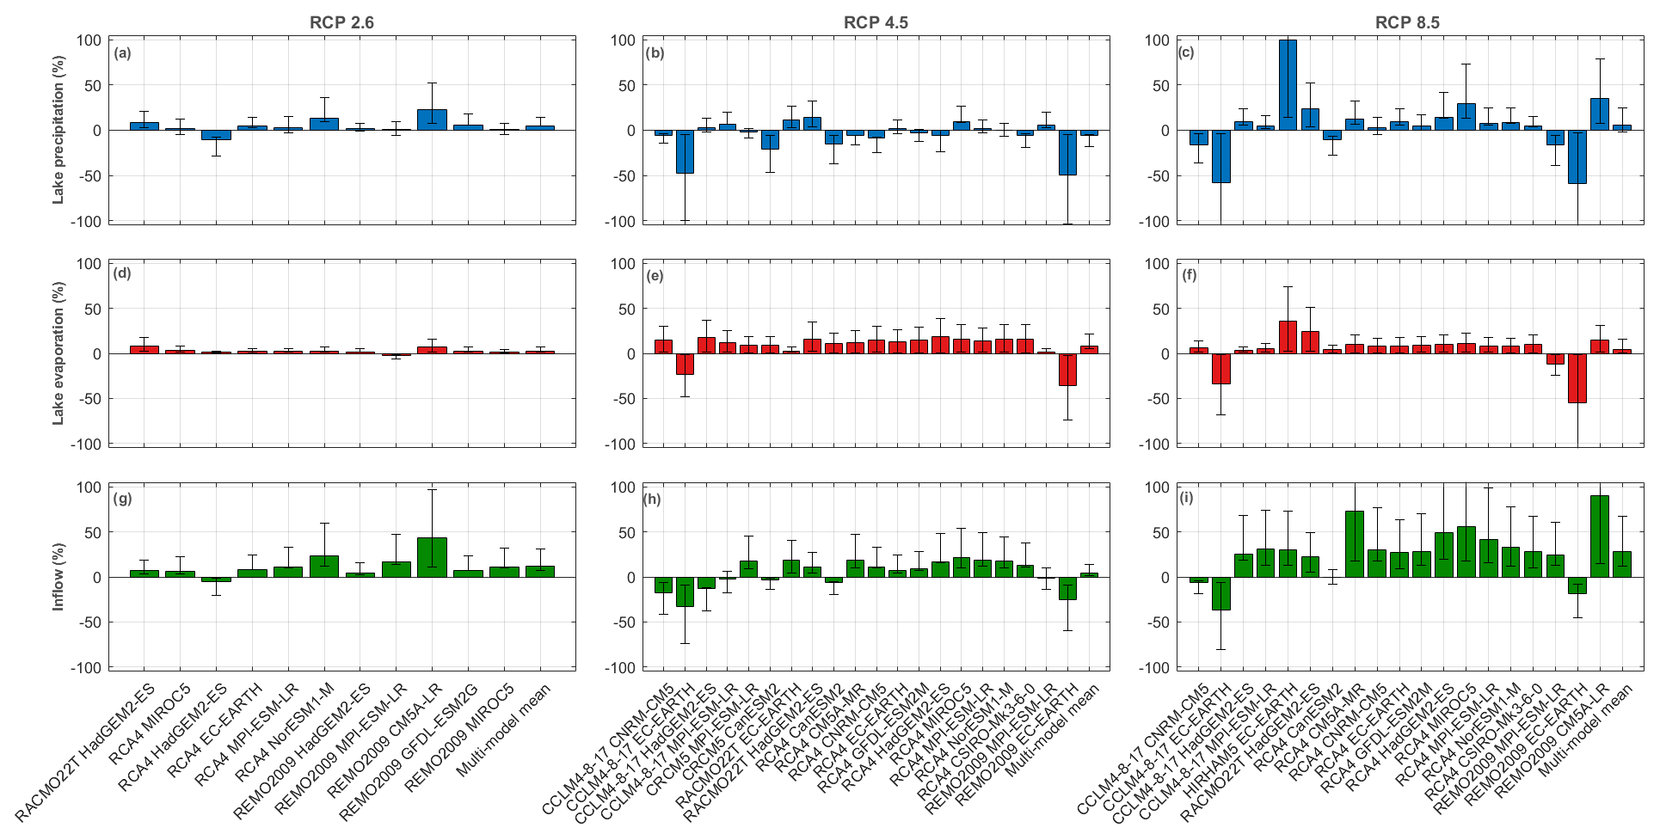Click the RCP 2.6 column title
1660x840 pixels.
tap(341, 23)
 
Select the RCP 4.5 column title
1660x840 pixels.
tap(875, 23)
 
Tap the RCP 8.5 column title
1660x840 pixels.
tap(1407, 23)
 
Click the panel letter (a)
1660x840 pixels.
tap(123, 53)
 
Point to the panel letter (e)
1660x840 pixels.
tap(655, 277)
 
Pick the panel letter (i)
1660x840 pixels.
tap(1186, 500)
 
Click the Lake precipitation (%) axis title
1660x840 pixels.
tap(59, 131)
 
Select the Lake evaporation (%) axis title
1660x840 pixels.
tap(59, 353)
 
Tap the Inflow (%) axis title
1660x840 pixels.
tap(59, 577)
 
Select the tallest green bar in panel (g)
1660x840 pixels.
tap(432, 557)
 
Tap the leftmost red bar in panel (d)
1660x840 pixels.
tap(144, 349)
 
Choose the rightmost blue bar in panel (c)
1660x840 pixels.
tap(1622, 127)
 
